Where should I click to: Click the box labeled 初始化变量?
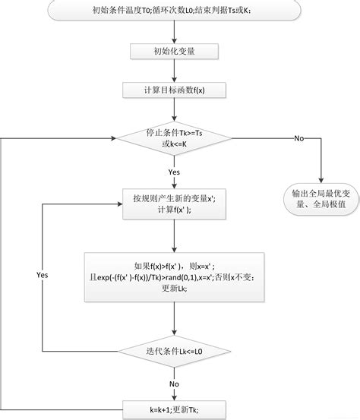coord(174,52)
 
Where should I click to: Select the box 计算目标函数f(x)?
coord(174,90)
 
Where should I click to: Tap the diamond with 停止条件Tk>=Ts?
coord(174,138)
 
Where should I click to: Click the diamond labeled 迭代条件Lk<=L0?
coord(174,351)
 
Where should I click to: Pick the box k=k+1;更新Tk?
coord(174,410)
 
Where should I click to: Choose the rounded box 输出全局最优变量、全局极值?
coord(321,199)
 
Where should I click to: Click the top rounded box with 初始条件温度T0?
coord(174,10)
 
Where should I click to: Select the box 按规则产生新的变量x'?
coord(174,204)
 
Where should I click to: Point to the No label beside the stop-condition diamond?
coord(299,138)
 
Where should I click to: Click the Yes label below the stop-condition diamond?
coord(174,172)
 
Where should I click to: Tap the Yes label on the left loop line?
coord(43,275)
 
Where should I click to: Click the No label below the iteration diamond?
coord(174,384)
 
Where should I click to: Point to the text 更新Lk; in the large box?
coord(174,288)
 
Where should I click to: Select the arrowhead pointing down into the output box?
coord(321,180)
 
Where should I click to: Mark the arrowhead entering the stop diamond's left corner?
coord(114,138)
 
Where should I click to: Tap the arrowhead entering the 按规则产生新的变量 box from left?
coord(119,204)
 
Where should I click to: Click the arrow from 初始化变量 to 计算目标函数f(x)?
coord(174,71)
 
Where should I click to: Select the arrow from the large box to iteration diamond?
coord(174,319)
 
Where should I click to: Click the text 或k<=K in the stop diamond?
coord(174,144)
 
